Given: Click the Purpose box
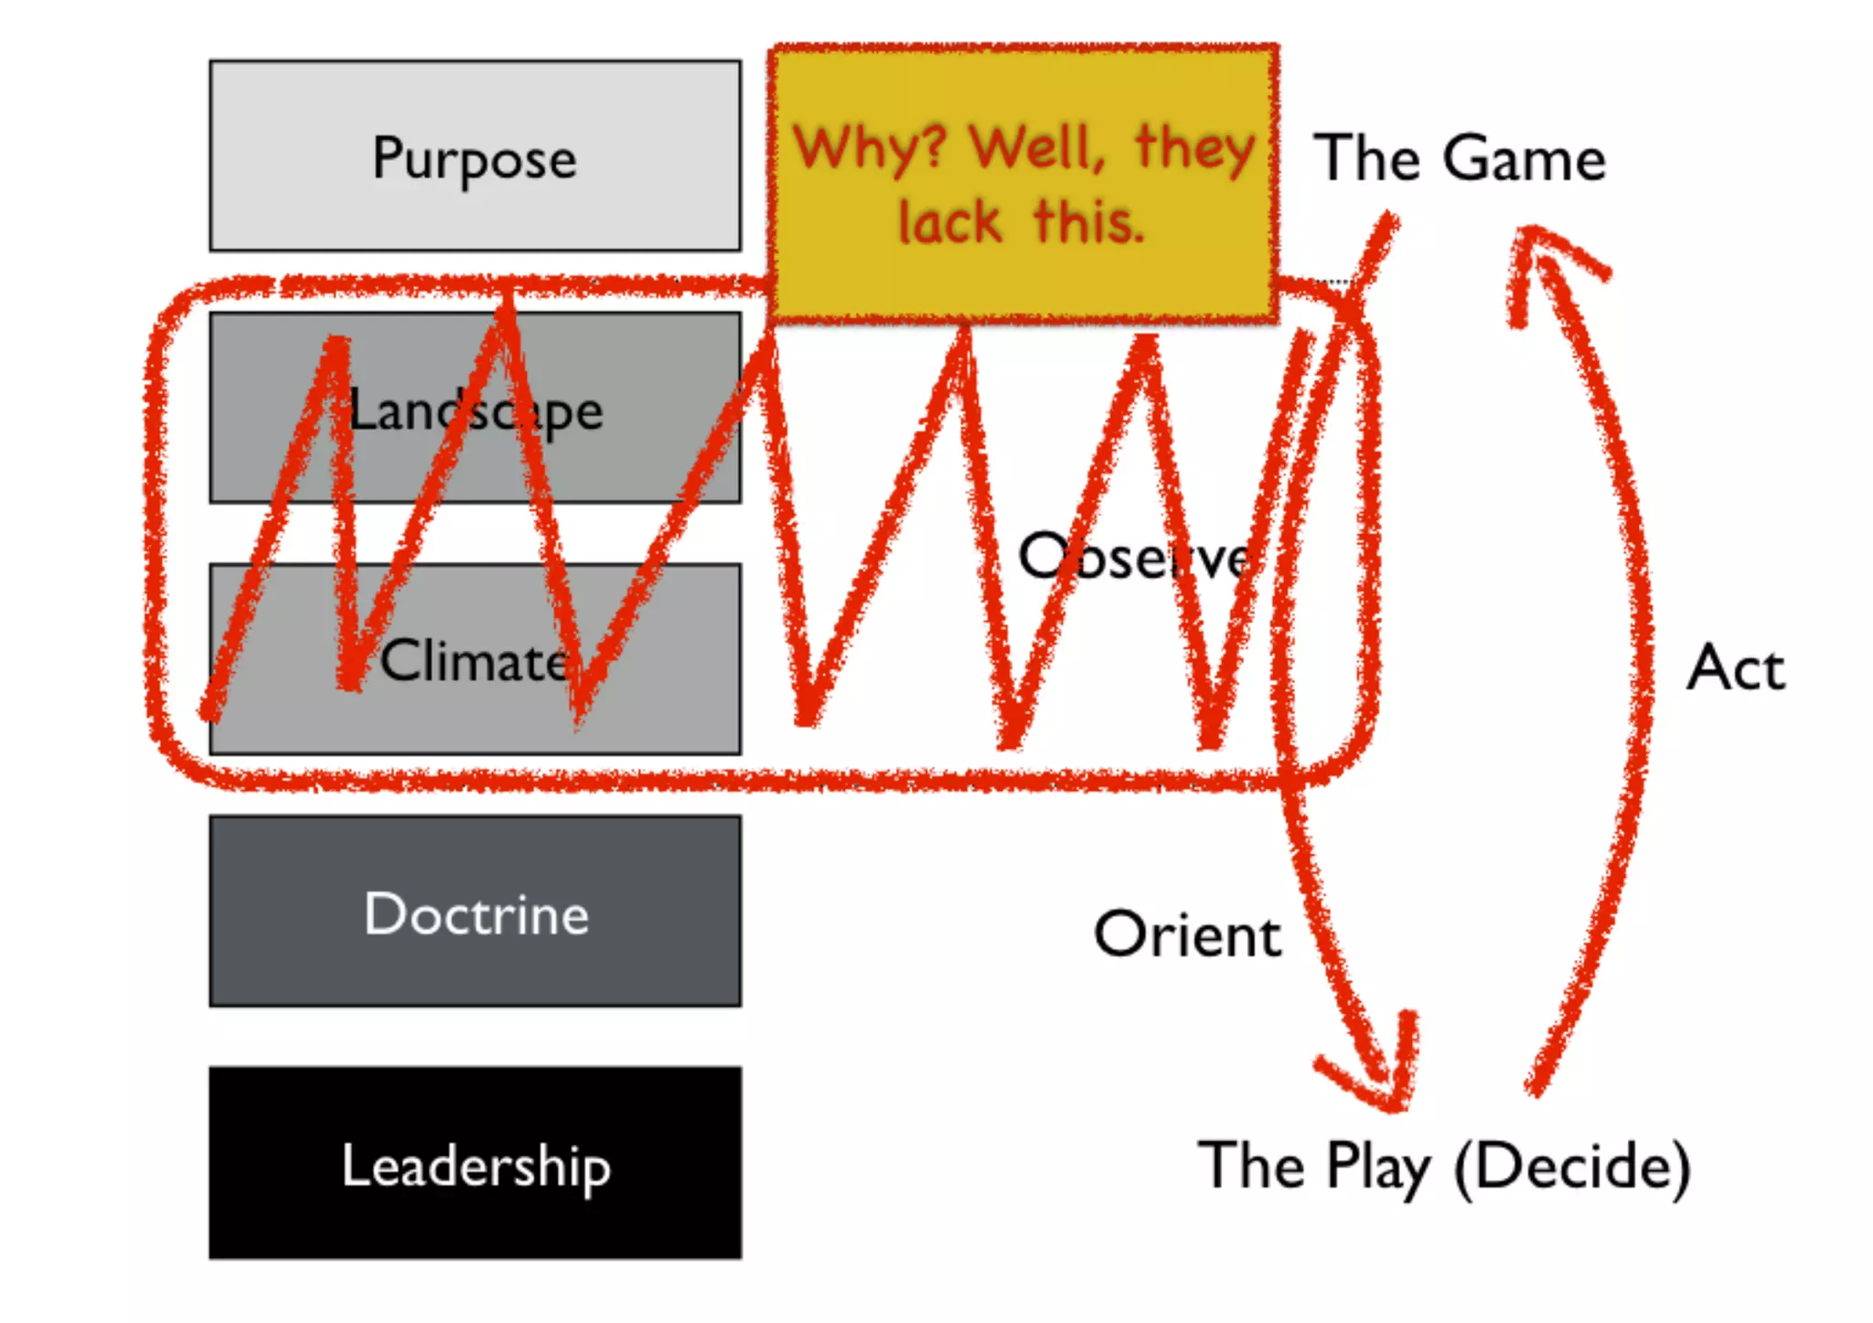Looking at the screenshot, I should (475, 156).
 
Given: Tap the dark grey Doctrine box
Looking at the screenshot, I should (475, 912).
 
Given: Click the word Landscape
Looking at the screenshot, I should (476, 411).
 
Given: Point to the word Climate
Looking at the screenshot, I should (474, 661).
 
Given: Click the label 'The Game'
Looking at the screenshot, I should (1460, 158).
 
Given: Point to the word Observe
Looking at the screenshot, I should (1134, 557).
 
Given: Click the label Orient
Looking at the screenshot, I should (1187, 934).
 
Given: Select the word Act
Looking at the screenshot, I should (1735, 667).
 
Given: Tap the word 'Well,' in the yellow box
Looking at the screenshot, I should (1038, 148).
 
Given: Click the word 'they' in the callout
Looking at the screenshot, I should (1194, 148).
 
